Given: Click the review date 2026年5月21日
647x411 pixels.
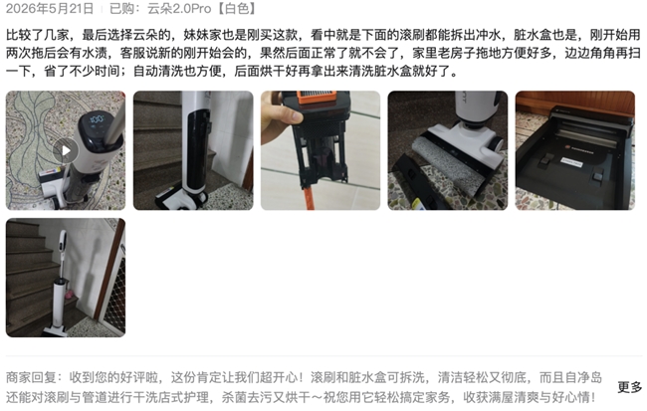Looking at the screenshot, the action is coord(50,9).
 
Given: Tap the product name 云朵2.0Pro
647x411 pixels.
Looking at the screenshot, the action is coord(179,9).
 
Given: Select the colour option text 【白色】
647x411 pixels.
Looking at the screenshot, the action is coord(236,9).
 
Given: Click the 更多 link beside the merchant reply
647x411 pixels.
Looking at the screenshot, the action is coord(630,387).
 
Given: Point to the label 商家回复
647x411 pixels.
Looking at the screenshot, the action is coord(31,377).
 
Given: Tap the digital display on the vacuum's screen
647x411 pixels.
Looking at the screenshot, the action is coord(97,120).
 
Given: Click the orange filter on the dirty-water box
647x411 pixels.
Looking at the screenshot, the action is coord(317,97).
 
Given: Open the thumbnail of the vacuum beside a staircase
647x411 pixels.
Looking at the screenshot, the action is coord(66,278).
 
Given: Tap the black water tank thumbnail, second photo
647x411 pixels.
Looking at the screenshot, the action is coord(193,150).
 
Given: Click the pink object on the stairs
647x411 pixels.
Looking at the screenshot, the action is coord(70,295).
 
